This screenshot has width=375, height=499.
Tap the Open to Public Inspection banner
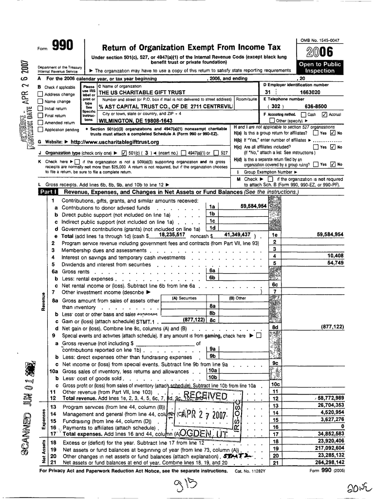pyautogui.click(x=320, y=67)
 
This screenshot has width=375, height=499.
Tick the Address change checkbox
pyautogui.click(x=40, y=95)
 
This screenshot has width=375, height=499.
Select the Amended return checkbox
pyautogui.click(x=40, y=123)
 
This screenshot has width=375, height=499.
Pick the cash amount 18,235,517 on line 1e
pyautogui.click(x=171, y=234)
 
